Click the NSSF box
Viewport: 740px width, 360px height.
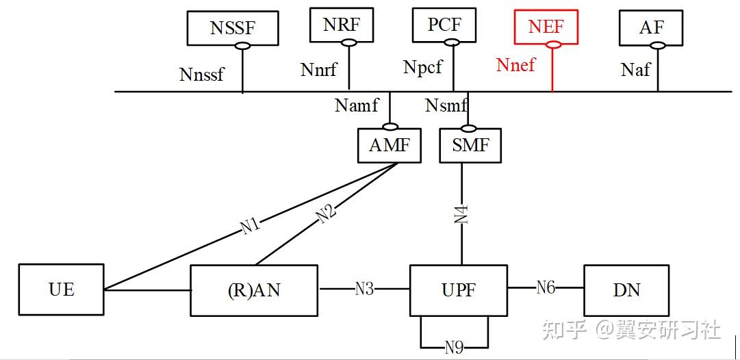[x=233, y=28]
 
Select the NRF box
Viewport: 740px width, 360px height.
[x=340, y=25]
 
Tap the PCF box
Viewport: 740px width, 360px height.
[x=444, y=25]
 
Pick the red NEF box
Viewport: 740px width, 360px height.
[x=546, y=26]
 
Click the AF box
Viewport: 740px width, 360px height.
[x=650, y=27]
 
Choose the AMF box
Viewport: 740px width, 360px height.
[x=389, y=146]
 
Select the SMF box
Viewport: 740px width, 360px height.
[x=470, y=146]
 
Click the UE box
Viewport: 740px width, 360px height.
[x=62, y=290]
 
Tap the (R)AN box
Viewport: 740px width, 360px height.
[x=254, y=290]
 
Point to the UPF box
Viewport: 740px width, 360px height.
[x=459, y=290]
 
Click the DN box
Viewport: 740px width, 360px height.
[x=626, y=290]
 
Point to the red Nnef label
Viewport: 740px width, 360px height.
[x=515, y=65]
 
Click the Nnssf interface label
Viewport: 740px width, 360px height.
[x=201, y=74]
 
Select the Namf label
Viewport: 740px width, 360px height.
[x=356, y=105]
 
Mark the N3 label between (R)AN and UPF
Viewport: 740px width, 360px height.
[x=364, y=288]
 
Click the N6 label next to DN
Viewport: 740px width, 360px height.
[x=545, y=287]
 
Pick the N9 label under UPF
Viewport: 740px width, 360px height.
[x=454, y=347]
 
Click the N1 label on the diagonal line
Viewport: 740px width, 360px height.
[x=251, y=225]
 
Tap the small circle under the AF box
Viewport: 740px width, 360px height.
[x=657, y=45]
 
